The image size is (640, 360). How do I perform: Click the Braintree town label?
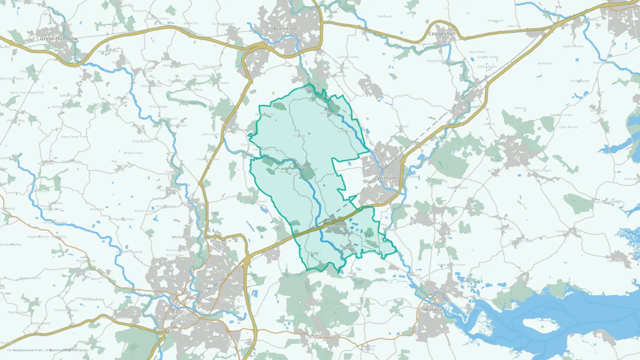tap(285, 29)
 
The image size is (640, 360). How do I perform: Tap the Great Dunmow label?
tap(59, 39)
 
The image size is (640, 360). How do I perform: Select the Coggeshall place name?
tap(442, 34)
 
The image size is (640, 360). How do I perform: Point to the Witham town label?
tap(387, 178)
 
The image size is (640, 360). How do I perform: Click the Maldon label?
tap(433, 309)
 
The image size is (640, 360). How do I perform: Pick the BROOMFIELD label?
tap(183, 237)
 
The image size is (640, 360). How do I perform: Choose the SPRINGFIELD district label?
tap(218, 272)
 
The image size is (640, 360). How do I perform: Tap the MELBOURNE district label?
tap(164, 277)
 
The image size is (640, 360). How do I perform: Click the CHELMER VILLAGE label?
tap(228, 300)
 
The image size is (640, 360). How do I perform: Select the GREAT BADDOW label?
tap(221, 339)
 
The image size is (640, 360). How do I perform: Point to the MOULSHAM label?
tap(188, 318)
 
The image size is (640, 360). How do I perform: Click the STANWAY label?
tap(618, 16)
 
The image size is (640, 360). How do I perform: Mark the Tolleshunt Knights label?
tap(538, 171)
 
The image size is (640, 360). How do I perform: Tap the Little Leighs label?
tap(210, 134)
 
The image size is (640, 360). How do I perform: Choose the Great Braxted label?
tap(457, 188)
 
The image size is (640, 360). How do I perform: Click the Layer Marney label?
tap(568, 127)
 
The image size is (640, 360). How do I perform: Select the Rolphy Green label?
tap(133, 153)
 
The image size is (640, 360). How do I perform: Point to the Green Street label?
tap(69, 137)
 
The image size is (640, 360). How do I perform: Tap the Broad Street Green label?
tap(451, 265)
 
